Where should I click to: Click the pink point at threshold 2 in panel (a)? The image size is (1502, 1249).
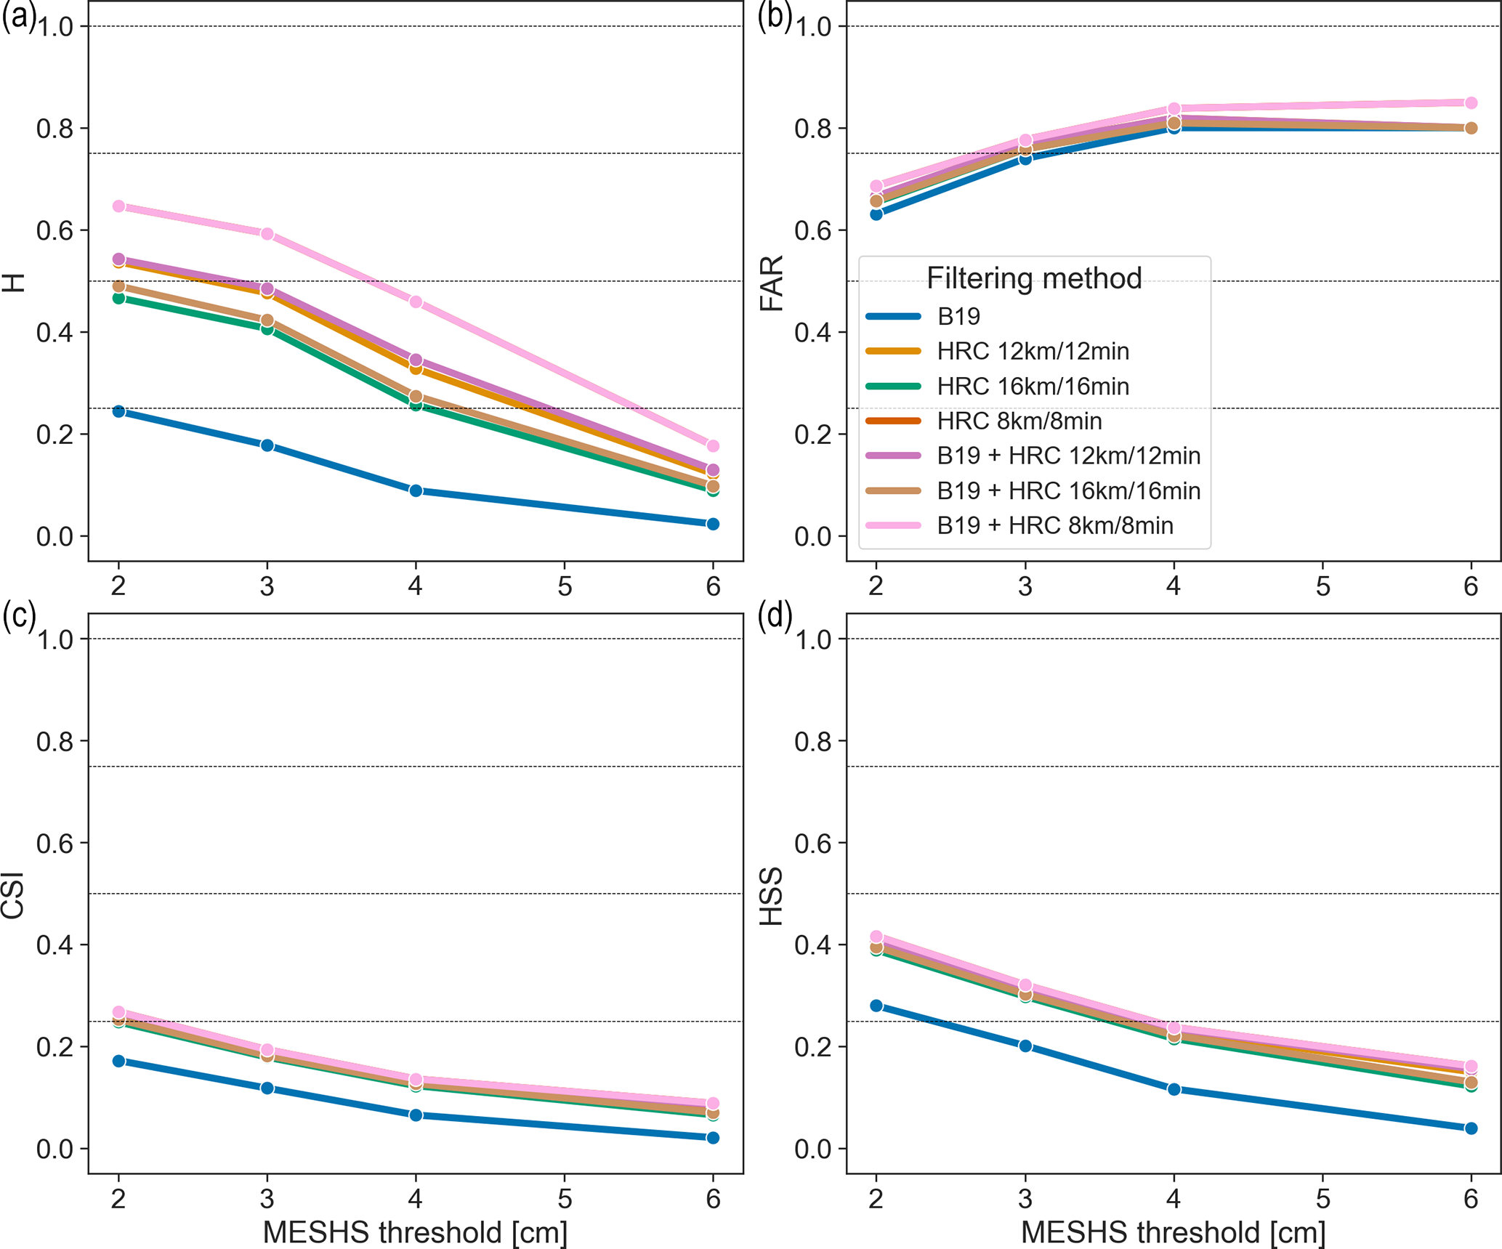pyautogui.click(x=118, y=206)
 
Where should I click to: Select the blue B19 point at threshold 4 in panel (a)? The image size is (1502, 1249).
pyautogui.click(x=416, y=490)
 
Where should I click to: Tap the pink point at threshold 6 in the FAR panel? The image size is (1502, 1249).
pyautogui.click(x=1471, y=103)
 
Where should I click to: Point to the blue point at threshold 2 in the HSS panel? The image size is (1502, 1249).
pyautogui.click(x=876, y=1006)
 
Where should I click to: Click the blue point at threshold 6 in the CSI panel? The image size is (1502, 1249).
pyautogui.click(x=713, y=1138)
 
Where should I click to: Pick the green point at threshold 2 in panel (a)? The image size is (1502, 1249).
pyautogui.click(x=118, y=298)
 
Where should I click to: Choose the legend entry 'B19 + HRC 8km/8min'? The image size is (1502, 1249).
pyautogui.click(x=1054, y=525)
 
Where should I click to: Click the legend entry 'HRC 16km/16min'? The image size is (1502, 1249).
pyautogui.click(x=1033, y=386)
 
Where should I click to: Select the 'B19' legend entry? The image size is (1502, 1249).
pyautogui.click(x=958, y=316)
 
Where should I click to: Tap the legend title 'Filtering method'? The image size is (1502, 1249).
pyautogui.click(x=1034, y=278)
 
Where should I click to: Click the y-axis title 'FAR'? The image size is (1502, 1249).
pyautogui.click(x=772, y=283)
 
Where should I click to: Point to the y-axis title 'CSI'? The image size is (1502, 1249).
pyautogui.click(x=13, y=895)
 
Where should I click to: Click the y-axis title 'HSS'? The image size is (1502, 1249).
pyautogui.click(x=772, y=897)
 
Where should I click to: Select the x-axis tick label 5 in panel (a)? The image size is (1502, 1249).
pyautogui.click(x=565, y=586)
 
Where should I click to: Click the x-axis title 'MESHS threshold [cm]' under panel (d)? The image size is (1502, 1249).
pyautogui.click(x=1173, y=1232)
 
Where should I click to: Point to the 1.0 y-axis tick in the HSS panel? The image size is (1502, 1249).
pyautogui.click(x=814, y=639)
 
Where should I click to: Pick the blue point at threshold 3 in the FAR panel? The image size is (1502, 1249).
pyautogui.click(x=1025, y=158)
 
